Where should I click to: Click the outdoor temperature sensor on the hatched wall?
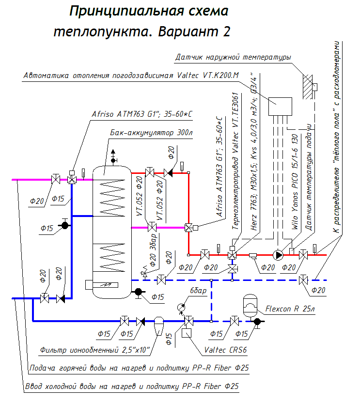314,87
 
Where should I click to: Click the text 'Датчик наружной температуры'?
233,57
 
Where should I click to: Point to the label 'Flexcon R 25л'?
290,309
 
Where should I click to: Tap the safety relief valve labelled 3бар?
144,274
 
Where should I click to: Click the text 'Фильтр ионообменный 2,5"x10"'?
95,349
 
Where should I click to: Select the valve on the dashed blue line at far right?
303,280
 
